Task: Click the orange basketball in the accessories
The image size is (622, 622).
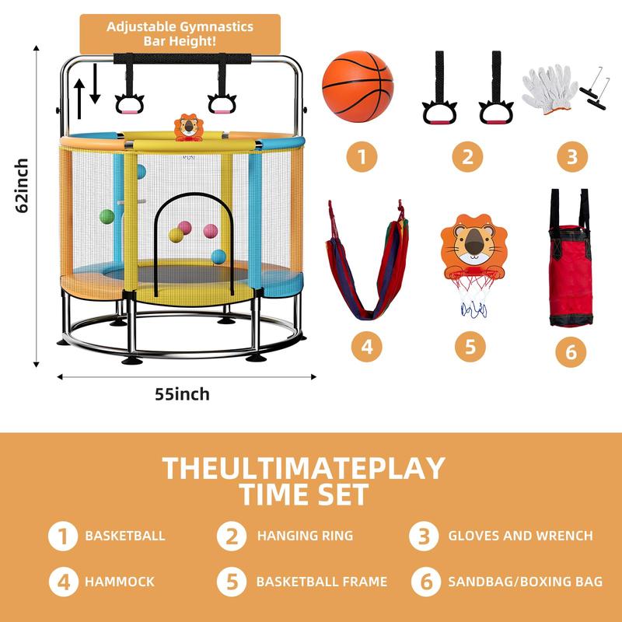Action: pos(358,86)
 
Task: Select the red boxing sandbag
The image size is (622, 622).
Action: pos(570,259)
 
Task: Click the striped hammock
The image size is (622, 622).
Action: pos(367,260)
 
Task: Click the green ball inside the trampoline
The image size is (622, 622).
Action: pos(107,217)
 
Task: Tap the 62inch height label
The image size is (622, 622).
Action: pos(22,186)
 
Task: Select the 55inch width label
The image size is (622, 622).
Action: pos(182,394)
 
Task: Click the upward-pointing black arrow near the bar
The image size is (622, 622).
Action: pos(79,99)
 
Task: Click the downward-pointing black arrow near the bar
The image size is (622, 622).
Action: pos(95,84)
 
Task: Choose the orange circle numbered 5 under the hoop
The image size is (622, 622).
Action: pos(470,347)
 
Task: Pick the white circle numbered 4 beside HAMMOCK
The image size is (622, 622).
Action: pos(64,582)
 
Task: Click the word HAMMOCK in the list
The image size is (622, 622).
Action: pos(120,582)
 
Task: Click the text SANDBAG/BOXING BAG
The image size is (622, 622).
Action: pos(526,582)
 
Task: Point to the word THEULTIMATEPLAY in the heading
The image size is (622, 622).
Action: pos(304,469)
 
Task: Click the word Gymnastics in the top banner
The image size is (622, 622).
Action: pos(216,26)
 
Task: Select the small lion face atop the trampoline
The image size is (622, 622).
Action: pos(188,127)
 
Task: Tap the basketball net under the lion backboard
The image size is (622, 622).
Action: pos(474,294)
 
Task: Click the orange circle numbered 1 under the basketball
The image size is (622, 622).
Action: pos(362,157)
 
